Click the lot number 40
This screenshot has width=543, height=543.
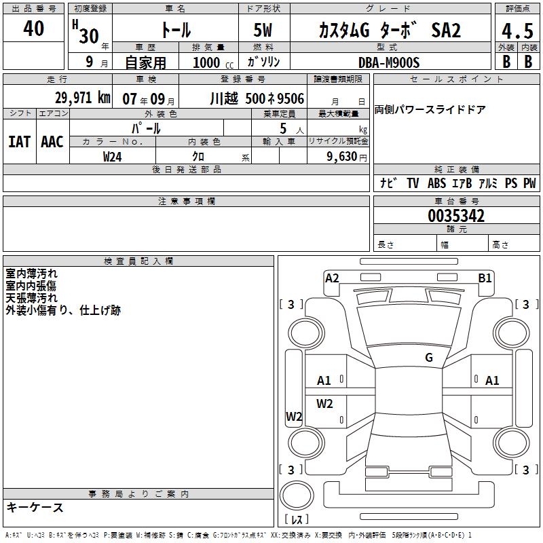33,29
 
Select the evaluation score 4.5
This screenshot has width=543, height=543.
517,32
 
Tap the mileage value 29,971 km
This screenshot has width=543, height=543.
82,98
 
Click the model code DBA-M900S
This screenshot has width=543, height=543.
389,62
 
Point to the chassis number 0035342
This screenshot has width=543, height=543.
456,217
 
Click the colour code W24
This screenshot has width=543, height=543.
113,156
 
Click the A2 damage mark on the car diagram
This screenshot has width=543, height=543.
332,278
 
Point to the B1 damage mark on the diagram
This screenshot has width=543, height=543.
485,278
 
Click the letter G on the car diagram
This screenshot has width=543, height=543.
428,358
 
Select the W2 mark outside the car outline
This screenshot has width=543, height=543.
293,417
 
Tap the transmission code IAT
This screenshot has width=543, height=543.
19,142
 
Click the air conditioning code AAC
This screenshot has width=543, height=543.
52,142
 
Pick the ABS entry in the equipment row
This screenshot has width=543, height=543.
437,183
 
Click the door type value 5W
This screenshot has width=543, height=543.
264,31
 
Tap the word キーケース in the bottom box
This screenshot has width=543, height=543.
35,508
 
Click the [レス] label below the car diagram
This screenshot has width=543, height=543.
296,520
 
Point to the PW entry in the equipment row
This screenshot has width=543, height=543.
529,183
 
